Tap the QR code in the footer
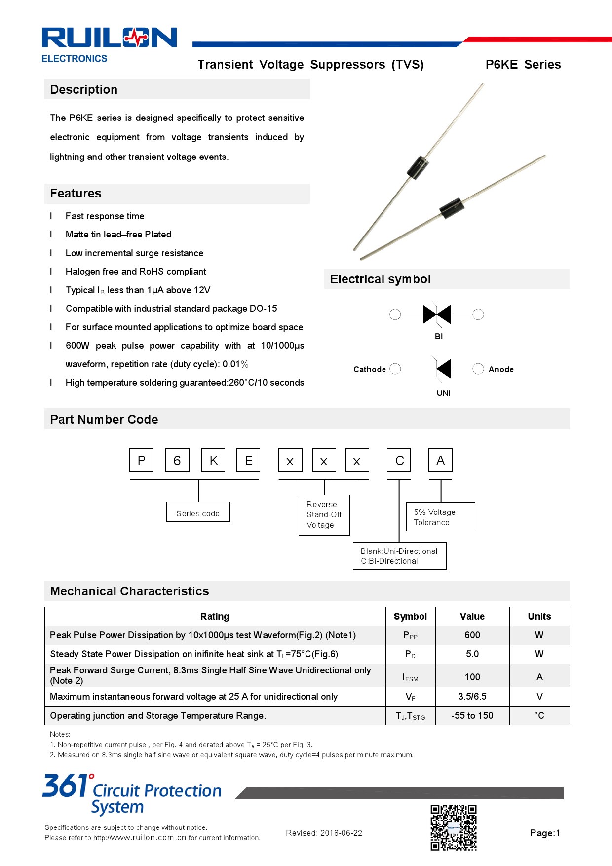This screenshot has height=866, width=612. (454, 827)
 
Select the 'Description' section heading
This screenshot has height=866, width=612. (84, 89)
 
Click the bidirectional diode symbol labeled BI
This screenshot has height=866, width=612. (437, 315)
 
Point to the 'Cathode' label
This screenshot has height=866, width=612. (370, 369)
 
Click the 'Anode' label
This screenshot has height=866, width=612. (501, 369)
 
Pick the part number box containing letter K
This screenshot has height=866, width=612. (213, 460)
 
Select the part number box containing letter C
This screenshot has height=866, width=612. (399, 460)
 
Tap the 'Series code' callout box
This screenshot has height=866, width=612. (198, 512)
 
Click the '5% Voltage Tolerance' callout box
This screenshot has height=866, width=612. (441, 517)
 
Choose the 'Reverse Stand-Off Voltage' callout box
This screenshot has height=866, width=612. (324, 515)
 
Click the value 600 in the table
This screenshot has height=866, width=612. (472, 635)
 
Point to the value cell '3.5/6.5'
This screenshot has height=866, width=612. (472, 696)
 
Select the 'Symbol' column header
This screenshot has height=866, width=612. (410, 616)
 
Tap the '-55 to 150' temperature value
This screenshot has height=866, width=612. (472, 715)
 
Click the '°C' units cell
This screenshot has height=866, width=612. (539, 715)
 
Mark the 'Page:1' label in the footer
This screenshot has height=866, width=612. (545, 833)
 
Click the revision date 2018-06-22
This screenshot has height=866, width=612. (341, 833)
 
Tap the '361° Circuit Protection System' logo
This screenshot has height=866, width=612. (132, 794)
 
